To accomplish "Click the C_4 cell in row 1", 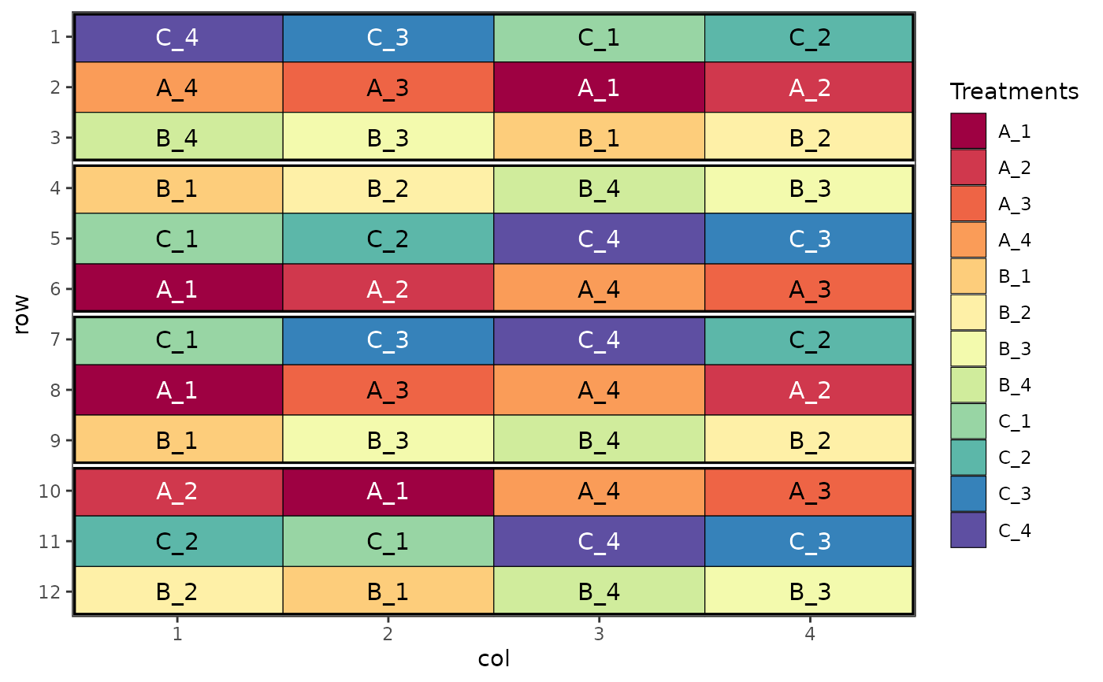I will tap(178, 37).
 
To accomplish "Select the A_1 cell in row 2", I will tap(599, 87).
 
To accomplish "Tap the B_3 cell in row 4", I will tap(809, 189).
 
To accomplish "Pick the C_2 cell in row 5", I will tap(388, 239).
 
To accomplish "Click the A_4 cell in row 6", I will tap(599, 289).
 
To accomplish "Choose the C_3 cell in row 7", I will tap(388, 339).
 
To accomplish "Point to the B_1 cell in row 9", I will tap(178, 440).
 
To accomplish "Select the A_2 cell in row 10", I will tap(178, 491).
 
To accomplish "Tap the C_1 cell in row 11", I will tap(388, 541).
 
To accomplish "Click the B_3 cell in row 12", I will tap(809, 591).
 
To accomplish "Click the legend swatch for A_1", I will tap(968, 132).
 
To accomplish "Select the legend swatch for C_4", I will tap(968, 530).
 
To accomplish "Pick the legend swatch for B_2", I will tap(968, 313).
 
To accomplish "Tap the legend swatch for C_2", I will tap(968, 458).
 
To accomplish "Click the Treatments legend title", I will tap(1014, 91).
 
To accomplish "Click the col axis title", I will tap(494, 658).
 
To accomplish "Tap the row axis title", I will tap(22, 314).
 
